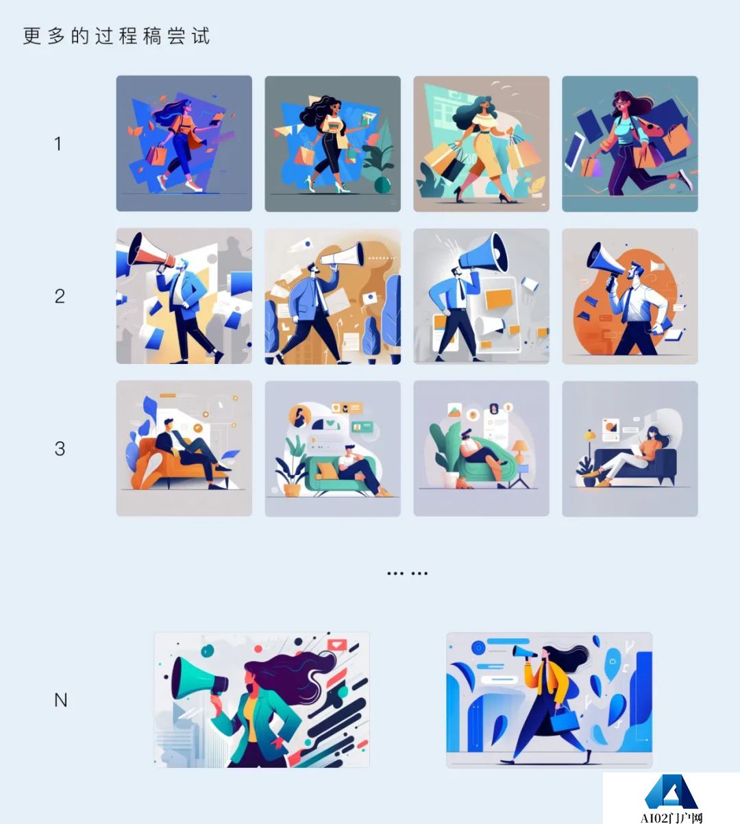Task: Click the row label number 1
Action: click(58, 143)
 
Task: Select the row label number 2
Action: click(60, 296)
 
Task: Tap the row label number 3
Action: click(60, 448)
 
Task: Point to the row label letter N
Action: click(60, 700)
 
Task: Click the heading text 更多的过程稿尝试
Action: click(116, 36)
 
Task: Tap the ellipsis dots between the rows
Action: click(407, 574)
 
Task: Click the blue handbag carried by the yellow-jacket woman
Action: click(565, 721)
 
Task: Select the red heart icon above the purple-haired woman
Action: click(336, 644)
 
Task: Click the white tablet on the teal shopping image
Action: click(574, 152)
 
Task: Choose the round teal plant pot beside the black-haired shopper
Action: click(382, 184)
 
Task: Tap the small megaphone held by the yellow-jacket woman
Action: click(524, 652)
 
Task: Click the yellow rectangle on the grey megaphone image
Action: click(499, 299)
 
